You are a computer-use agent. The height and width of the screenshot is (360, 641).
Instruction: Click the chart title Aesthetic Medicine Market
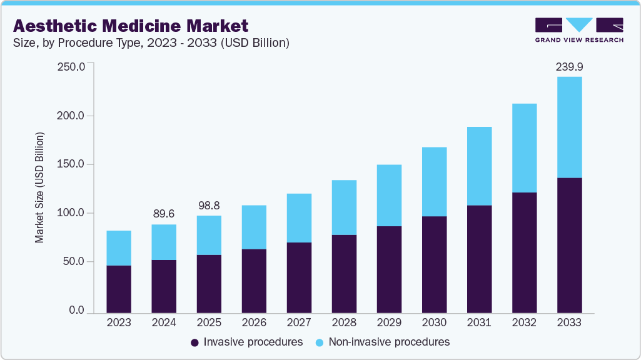pos(131,26)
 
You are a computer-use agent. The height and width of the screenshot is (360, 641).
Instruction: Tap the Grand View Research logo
pos(579,30)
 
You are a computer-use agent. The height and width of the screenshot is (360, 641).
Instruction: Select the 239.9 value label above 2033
pos(569,67)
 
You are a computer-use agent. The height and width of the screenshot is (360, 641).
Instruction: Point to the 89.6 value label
pos(164,214)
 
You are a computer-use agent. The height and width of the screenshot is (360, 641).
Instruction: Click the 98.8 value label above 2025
pos(209,206)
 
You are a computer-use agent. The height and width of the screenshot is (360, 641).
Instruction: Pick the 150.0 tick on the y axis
pos(70,164)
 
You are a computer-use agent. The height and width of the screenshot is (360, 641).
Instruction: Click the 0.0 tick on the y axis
pos(76,310)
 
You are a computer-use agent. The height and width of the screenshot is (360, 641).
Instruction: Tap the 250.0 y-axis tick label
pos(70,67)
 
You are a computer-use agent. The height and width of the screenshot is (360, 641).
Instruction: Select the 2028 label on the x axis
pos(344,322)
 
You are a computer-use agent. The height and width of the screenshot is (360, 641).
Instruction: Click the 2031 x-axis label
pos(479,322)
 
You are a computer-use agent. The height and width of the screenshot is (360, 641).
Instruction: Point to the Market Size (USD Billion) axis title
pos(40,187)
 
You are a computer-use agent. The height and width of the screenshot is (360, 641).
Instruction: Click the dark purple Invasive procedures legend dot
pos(194,342)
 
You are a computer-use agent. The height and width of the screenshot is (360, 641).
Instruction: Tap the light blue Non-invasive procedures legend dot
pos(320,342)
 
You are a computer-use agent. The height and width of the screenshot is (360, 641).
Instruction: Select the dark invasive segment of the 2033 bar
pos(569,245)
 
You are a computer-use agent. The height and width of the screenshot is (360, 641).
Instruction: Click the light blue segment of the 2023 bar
pos(119,248)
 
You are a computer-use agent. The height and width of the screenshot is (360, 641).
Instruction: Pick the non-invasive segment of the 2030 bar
pos(434,182)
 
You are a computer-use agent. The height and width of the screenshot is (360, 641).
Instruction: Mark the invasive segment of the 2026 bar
pos(254,281)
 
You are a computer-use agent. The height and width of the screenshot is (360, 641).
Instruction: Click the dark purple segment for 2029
pos(389,269)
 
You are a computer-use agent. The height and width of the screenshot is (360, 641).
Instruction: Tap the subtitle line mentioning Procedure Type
pos(151,43)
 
